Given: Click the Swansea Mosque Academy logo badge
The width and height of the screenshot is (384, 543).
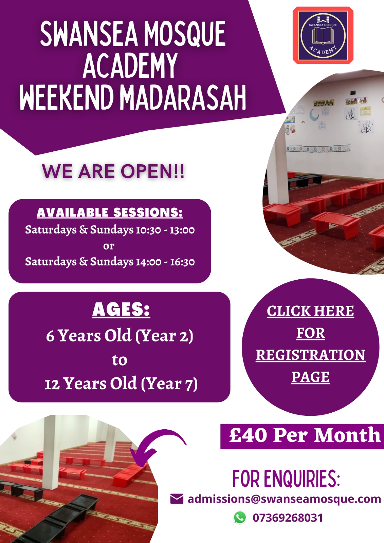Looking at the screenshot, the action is point(323,35).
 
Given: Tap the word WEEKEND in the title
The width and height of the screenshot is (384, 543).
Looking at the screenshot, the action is point(67,97).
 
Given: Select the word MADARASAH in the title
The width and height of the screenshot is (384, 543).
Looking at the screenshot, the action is point(183,97).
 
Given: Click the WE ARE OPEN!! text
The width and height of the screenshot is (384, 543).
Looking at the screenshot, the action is point(113,171).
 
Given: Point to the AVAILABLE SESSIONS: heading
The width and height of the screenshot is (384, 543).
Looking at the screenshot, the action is point(110,212).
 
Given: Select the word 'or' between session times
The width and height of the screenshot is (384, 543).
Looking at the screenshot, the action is point(109,246).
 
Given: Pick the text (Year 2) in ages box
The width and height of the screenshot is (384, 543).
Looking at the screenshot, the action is point(164,336).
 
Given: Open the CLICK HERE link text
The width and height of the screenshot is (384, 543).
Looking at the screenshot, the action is point(311,311).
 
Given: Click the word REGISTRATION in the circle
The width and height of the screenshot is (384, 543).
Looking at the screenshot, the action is point(311,355).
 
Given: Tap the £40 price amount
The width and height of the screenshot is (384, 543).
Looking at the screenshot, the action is point(248,435).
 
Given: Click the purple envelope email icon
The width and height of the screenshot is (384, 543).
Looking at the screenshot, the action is point(177,499).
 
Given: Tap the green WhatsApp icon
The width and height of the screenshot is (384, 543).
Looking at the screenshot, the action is point(240,518).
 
